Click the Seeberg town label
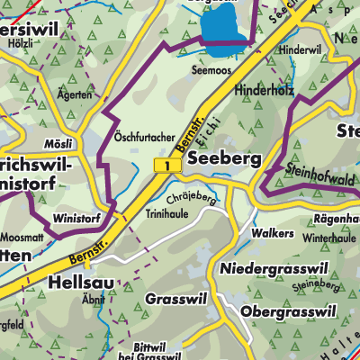(x=225, y=158)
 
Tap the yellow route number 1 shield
(x=162, y=165)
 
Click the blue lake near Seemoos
(x=224, y=26)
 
